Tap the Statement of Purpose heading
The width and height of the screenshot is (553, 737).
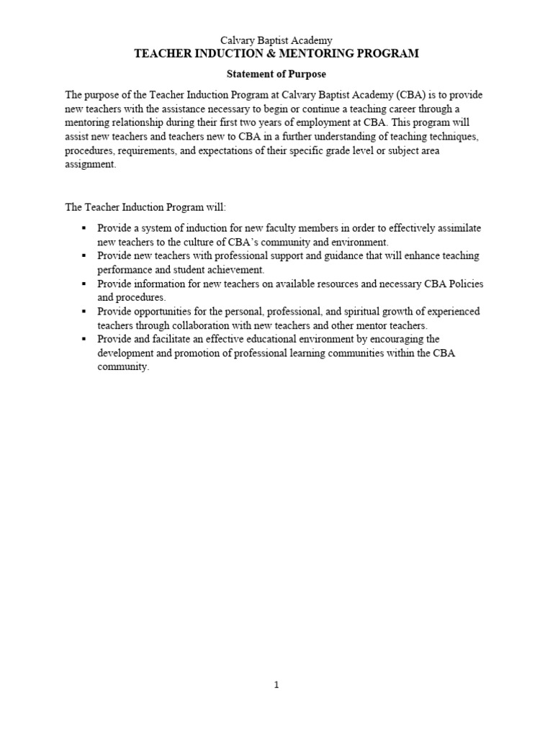click(x=276, y=73)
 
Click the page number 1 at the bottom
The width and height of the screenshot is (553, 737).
click(x=276, y=685)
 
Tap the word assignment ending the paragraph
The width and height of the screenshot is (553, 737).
click(x=89, y=163)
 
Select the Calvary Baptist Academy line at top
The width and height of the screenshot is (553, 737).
click(x=276, y=41)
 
